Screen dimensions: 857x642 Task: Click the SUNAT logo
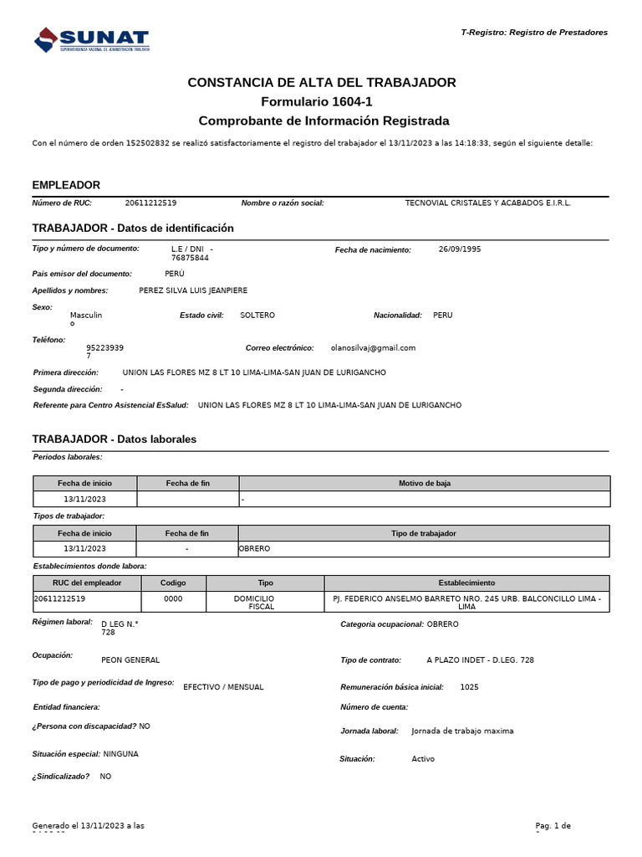[x=91, y=39]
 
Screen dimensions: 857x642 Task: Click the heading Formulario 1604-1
[x=321, y=101]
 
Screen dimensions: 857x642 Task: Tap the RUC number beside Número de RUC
[x=150, y=203]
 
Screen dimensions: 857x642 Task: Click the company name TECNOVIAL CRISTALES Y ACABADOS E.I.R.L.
[x=487, y=203]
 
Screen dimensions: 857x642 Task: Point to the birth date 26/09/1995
[x=459, y=249]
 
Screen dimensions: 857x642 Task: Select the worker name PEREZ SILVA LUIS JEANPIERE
[x=193, y=290]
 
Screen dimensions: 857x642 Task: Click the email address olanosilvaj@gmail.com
[x=373, y=347]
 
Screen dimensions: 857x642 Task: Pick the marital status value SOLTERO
[x=257, y=316]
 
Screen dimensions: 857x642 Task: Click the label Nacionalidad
[x=397, y=316]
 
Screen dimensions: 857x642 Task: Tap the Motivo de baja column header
[x=425, y=484]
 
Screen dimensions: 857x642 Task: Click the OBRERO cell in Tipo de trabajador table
[x=255, y=549]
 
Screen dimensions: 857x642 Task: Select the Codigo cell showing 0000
[x=173, y=599]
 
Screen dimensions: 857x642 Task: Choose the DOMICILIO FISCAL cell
[x=266, y=603]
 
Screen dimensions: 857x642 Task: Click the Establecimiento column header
[x=466, y=582]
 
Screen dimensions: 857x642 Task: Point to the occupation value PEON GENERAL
[x=130, y=660]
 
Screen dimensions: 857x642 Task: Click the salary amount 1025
[x=469, y=687]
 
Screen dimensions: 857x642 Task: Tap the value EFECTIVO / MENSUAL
[x=222, y=687]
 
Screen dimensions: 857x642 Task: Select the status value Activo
[x=423, y=759]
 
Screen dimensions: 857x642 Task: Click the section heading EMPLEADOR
[x=66, y=185]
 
